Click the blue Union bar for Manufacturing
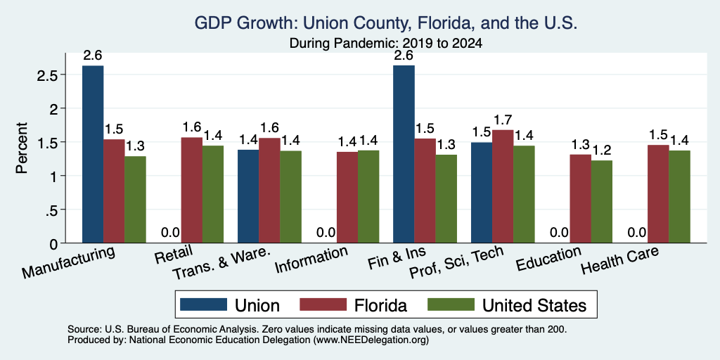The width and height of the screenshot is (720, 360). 93,154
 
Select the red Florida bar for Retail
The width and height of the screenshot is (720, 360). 191,190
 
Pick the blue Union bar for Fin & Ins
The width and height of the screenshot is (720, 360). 404,154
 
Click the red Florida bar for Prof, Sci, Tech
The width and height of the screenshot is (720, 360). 502,186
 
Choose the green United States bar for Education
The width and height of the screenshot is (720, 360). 602,202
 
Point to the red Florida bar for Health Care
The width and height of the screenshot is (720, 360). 658,194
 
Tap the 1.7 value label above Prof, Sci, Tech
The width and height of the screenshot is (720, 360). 502,121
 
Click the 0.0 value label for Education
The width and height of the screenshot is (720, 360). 559,233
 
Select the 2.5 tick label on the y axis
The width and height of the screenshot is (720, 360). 46,75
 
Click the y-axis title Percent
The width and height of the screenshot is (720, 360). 22,148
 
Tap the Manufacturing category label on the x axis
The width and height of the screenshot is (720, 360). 68,262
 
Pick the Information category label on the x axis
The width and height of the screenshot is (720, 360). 311,260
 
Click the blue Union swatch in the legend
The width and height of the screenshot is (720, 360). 203,304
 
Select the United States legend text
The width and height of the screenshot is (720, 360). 534,305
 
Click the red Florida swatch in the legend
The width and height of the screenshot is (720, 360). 323,304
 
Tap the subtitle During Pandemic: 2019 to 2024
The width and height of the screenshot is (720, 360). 386,44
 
